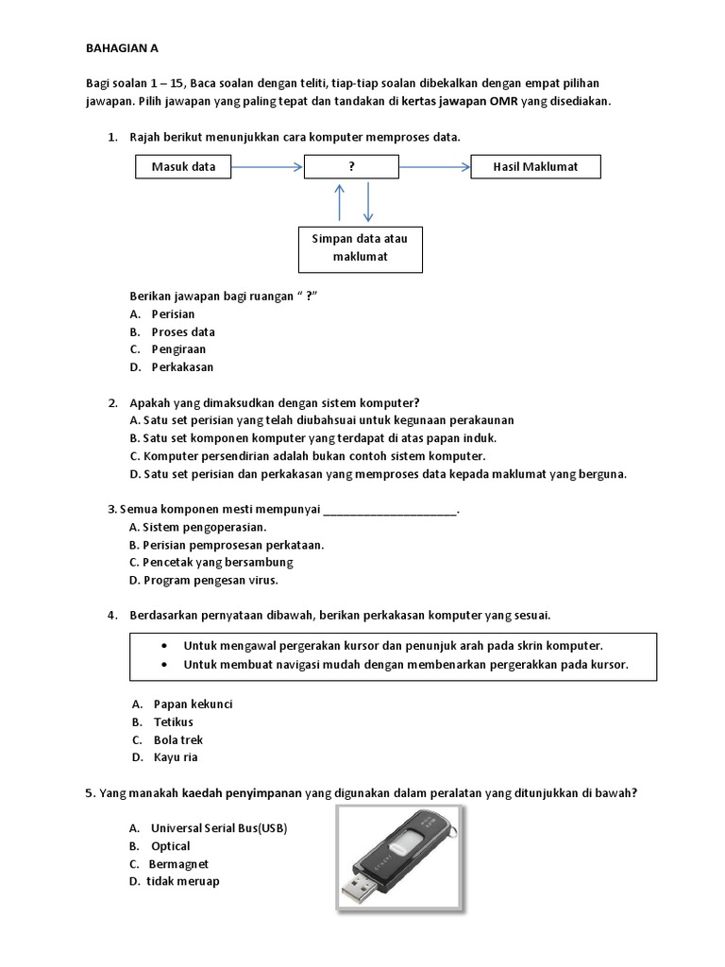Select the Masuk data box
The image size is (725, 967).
pos(182,167)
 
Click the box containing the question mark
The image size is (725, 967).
pos(351,167)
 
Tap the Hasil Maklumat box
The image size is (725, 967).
pos(535,167)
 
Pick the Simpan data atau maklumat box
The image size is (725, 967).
pos(360,248)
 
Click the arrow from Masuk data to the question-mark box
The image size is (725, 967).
pos(267,167)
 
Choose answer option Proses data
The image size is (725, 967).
pos(183,331)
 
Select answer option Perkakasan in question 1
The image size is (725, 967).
pos(182,366)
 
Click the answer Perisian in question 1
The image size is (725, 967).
pos(173,314)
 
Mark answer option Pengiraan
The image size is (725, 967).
pos(178,349)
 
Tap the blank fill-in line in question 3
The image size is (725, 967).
pos(390,511)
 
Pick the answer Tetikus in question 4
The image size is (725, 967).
pos(173,722)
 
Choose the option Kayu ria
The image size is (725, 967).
pos(176,757)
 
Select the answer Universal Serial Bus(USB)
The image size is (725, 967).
pos(218,828)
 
